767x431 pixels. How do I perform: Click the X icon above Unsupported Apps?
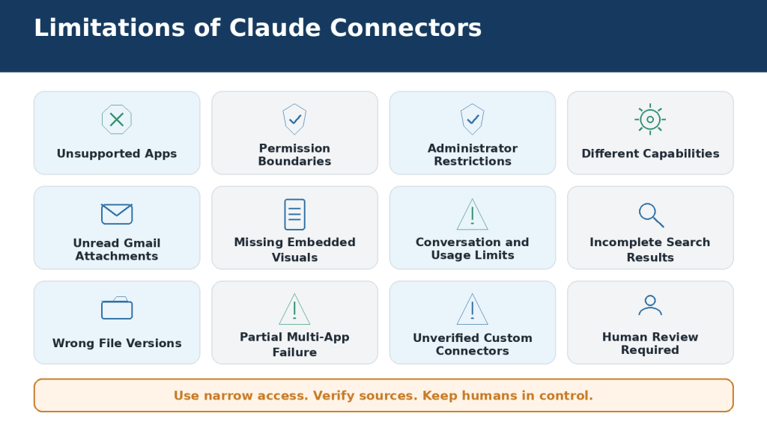(x=117, y=119)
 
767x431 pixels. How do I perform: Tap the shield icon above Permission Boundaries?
(x=294, y=119)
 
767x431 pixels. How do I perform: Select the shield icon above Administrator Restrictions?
(x=473, y=119)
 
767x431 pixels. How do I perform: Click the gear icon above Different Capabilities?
(x=650, y=119)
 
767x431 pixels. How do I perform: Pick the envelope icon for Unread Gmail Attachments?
(x=117, y=214)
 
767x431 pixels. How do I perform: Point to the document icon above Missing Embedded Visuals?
(x=294, y=214)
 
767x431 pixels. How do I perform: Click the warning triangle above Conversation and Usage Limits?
(x=473, y=214)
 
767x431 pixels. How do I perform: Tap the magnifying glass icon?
(x=651, y=215)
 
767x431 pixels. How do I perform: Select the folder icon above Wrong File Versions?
(x=117, y=308)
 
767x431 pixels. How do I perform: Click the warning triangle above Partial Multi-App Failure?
(x=294, y=309)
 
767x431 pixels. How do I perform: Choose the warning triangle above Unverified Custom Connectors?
(x=473, y=309)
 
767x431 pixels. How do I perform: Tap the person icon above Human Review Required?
(x=650, y=305)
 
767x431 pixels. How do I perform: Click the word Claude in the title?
(x=275, y=28)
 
